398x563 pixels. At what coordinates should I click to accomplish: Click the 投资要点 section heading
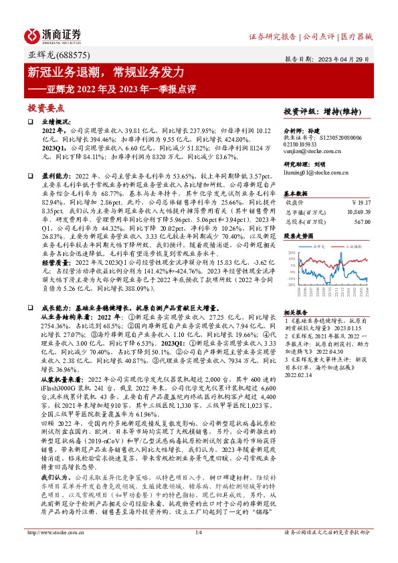[x=46, y=107]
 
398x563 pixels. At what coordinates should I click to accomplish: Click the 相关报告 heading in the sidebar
[x=295, y=294]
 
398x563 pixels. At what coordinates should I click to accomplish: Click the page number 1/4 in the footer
[x=198, y=550]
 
